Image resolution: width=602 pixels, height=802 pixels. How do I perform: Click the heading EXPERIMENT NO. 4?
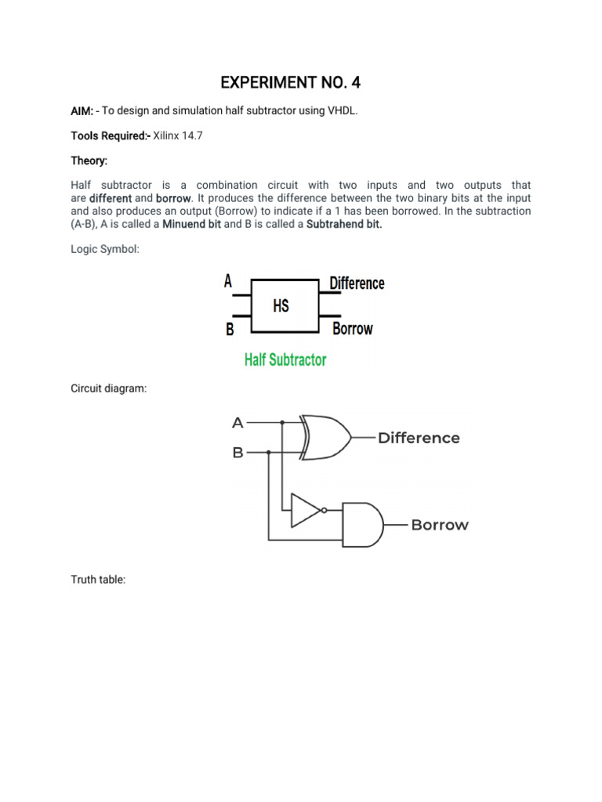291,82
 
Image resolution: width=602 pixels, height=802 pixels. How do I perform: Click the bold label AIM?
82,111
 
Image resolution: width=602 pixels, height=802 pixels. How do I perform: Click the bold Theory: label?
89,160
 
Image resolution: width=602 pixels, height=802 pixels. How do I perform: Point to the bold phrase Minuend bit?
191,224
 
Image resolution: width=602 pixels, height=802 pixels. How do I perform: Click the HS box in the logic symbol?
281,305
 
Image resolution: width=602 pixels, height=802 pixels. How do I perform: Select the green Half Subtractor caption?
285,359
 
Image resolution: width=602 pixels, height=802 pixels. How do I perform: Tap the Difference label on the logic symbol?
357,283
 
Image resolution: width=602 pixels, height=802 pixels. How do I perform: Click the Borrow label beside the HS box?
352,329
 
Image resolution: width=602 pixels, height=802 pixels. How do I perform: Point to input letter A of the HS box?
228,281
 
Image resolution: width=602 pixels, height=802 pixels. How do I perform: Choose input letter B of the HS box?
230,330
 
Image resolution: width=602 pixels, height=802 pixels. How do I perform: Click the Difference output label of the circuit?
419,438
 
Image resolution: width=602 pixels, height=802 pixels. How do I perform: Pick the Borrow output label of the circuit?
440,525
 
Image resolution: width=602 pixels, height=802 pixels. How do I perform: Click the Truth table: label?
98,580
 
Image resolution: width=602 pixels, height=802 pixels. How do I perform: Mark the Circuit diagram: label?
109,388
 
